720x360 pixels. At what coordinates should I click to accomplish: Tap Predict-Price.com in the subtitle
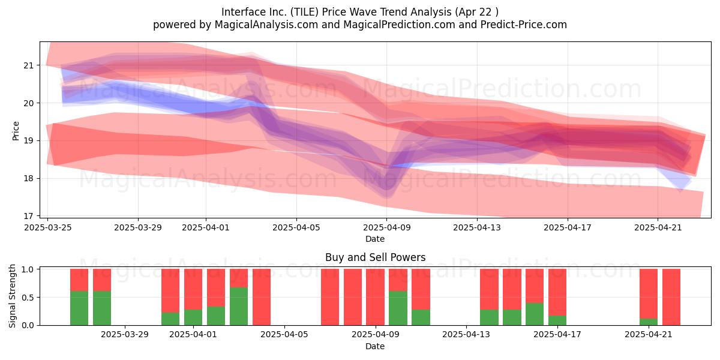pyautogui.click(x=524, y=25)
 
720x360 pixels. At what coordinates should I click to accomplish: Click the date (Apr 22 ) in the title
pyautogui.click(x=476, y=12)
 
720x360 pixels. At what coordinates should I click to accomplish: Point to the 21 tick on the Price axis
pyautogui.click(x=28, y=65)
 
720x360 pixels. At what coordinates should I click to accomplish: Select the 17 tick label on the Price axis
pyautogui.click(x=28, y=216)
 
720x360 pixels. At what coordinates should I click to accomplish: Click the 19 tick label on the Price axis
pyautogui.click(x=28, y=141)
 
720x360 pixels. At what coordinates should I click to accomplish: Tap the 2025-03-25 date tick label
pyautogui.click(x=48, y=227)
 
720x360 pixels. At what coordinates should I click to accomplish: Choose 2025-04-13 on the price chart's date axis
pyautogui.click(x=477, y=227)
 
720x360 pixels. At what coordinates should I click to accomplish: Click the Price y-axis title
pyautogui.click(x=16, y=131)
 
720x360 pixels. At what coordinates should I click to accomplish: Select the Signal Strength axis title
pyautogui.click(x=12, y=296)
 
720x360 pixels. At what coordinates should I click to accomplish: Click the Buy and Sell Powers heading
pyautogui.click(x=375, y=257)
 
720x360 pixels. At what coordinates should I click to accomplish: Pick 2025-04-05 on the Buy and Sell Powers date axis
pyautogui.click(x=284, y=334)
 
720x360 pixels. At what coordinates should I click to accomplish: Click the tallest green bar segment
pyautogui.click(x=239, y=306)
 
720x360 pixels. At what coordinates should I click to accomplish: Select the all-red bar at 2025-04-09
pyautogui.click(x=375, y=297)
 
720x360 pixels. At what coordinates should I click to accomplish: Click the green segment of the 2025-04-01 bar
pyautogui.click(x=193, y=317)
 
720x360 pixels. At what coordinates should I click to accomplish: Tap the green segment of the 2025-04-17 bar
pyautogui.click(x=557, y=320)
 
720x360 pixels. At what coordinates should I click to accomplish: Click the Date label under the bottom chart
pyautogui.click(x=375, y=346)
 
